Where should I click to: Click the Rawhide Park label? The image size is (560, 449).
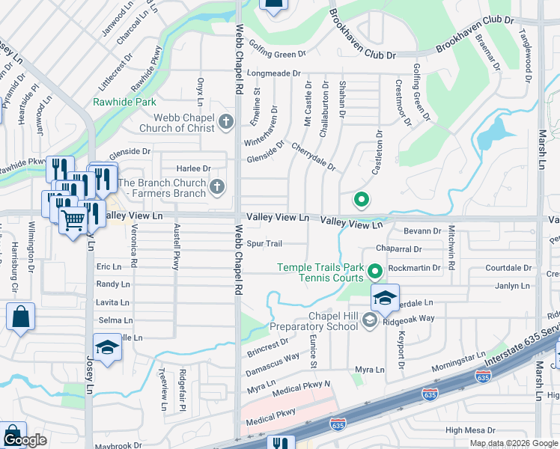point(124,102)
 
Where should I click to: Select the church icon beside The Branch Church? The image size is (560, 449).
point(217,186)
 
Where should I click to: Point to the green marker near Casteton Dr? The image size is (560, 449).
point(361,200)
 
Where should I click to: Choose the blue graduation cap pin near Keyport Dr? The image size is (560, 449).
point(385,298)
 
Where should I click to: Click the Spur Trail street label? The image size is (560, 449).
point(264,244)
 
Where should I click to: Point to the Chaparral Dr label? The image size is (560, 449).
point(399,248)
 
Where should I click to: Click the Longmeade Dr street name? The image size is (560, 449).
point(273,73)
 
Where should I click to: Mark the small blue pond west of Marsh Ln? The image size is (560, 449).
point(490,133)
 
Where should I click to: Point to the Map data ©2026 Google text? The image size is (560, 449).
point(513,443)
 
